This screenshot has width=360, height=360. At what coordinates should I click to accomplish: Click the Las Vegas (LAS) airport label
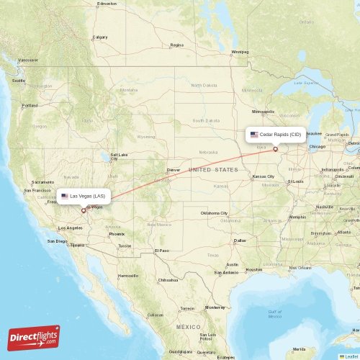tap(84, 196)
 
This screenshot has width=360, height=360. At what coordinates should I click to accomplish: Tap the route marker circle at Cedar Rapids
tap(275, 149)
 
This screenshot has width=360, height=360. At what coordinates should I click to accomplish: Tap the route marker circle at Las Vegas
tap(83, 211)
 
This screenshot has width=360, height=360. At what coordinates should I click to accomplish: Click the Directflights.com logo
tap(34, 338)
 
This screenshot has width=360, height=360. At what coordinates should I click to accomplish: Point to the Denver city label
tap(173, 170)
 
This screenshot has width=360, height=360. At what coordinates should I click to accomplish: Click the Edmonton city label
tap(107, 3)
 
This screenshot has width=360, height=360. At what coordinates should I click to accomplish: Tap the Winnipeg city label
tap(239, 52)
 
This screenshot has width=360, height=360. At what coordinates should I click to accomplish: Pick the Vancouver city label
tap(28, 60)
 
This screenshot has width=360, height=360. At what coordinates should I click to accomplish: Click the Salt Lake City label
tap(119, 155)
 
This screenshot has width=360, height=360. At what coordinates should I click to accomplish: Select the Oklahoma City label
tap(214, 213)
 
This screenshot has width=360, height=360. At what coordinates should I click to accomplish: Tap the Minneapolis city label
tap(264, 112)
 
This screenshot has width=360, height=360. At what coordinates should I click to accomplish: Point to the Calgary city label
tap(100, 37)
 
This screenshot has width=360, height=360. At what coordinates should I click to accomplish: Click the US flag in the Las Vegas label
tap(64, 196)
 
